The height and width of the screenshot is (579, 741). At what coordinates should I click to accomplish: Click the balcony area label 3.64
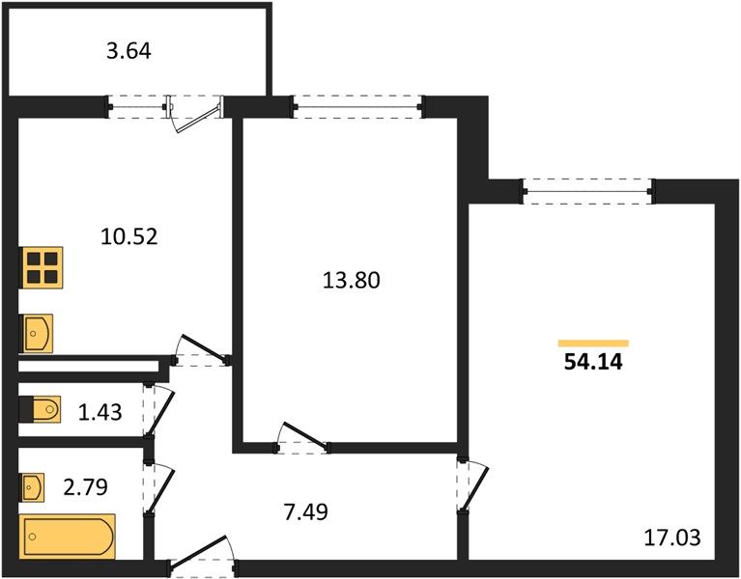click(128, 51)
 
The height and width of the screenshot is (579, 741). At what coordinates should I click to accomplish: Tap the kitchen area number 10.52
click(129, 236)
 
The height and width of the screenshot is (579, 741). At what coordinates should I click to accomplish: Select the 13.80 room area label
click(351, 280)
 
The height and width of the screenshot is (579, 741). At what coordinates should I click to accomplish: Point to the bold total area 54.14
click(593, 362)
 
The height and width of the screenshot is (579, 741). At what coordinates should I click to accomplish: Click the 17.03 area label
click(672, 538)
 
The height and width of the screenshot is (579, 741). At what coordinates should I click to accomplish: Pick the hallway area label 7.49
click(305, 511)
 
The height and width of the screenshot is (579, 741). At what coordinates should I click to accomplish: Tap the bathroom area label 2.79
click(86, 486)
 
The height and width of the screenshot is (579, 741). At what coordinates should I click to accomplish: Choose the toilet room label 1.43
click(100, 412)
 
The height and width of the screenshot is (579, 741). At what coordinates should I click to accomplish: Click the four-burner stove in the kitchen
click(42, 267)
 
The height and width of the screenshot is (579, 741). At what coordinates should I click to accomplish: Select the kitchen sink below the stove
click(36, 333)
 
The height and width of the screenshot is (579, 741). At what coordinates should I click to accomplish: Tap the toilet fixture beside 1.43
click(41, 409)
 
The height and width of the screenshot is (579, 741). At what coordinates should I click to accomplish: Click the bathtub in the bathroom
click(67, 537)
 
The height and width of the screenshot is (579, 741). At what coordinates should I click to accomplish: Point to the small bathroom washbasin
click(32, 487)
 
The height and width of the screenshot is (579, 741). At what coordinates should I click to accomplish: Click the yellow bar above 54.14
click(593, 344)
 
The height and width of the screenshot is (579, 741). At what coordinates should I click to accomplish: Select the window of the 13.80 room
click(357, 107)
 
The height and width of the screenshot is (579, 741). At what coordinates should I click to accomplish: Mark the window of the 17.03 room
click(588, 191)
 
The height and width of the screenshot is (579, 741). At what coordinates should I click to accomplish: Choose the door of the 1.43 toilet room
click(160, 409)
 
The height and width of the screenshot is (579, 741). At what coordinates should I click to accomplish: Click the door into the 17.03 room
click(474, 485)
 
